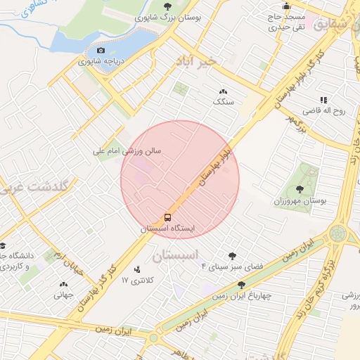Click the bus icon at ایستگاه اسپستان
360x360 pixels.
[x=168, y=217]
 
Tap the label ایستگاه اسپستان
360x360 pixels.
[x=169, y=229]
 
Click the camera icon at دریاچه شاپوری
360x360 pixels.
[x=100, y=51]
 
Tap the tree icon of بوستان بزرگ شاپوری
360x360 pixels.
[x=167, y=6]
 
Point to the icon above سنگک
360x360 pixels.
[x=224, y=91]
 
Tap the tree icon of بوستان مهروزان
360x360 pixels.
[x=301, y=188]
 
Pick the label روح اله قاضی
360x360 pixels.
[x=321, y=111]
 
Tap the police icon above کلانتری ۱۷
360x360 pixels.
[x=136, y=269]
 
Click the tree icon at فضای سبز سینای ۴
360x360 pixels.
[x=232, y=256]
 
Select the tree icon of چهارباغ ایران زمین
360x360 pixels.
[x=242, y=285]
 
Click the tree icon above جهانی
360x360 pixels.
[x=63, y=285]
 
